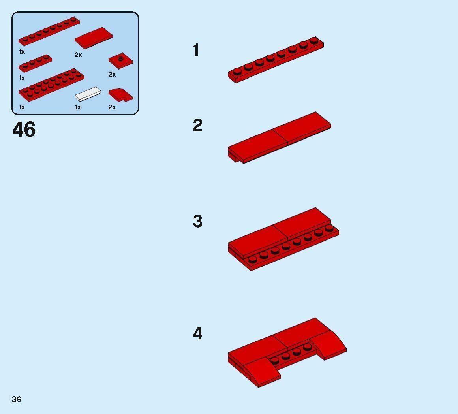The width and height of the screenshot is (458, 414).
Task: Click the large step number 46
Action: (24, 130)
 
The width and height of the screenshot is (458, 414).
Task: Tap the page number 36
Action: (16, 399)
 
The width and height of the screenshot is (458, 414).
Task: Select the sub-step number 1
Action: (196, 51)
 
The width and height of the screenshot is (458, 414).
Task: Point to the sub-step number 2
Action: (197, 126)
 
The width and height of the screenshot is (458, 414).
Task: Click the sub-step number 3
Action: (197, 222)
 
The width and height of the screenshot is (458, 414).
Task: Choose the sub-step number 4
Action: (197, 333)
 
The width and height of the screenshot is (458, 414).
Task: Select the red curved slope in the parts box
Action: (120, 95)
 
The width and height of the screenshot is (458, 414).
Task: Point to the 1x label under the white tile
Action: (78, 107)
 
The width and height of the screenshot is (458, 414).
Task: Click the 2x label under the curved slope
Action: (113, 107)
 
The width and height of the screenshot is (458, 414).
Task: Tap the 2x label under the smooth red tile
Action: (78, 55)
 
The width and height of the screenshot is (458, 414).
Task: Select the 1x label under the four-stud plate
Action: (22, 78)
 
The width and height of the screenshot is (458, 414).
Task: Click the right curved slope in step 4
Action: (328, 344)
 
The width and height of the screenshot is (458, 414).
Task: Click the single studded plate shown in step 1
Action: (276, 59)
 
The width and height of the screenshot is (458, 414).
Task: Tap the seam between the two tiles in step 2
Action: (280, 136)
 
